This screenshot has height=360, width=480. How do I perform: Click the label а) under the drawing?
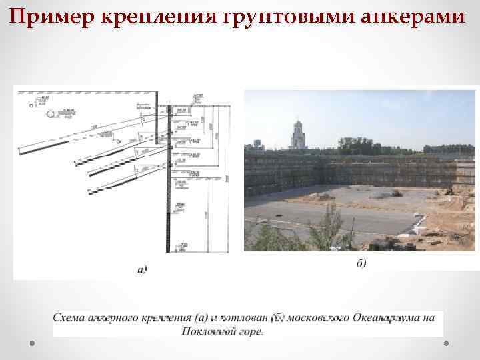tap(142, 269)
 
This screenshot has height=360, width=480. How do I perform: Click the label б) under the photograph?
tap(361, 263)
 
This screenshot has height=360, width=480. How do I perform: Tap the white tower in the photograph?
tap(297, 135)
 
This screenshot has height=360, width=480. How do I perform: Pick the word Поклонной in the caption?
tap(205, 329)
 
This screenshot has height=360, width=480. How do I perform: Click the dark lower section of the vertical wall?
tap(169, 220)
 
